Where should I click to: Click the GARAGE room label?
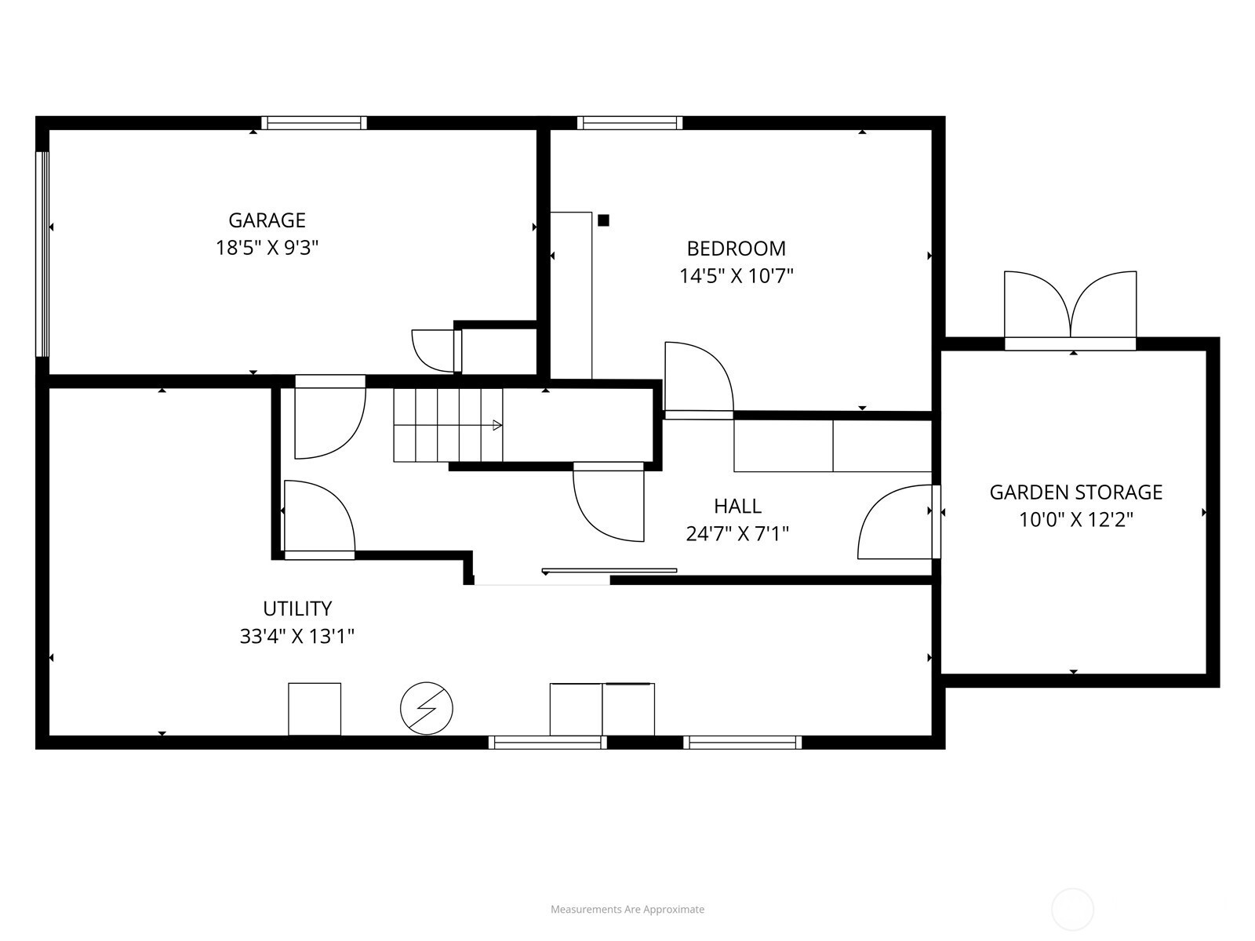click(x=267, y=220)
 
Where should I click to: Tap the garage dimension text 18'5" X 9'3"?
click(x=267, y=248)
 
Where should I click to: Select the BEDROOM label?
click(x=737, y=249)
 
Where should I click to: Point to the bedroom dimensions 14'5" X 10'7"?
click(x=737, y=277)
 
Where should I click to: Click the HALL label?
click(x=737, y=507)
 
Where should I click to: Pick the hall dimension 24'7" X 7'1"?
click(x=737, y=534)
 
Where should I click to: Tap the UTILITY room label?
click(x=297, y=609)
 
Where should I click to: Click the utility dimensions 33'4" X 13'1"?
click(x=297, y=637)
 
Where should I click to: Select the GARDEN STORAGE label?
click(x=1076, y=492)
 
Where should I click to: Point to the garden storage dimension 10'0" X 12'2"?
click(x=1076, y=520)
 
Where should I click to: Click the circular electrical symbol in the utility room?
click(x=427, y=708)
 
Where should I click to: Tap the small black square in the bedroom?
click(x=603, y=220)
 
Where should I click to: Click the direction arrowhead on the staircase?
click(x=497, y=425)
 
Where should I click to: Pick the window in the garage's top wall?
click(x=315, y=123)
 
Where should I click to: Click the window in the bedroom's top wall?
click(x=630, y=123)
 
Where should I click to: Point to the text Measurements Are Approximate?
click(x=627, y=909)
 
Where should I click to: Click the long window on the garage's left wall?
click(x=42, y=254)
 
